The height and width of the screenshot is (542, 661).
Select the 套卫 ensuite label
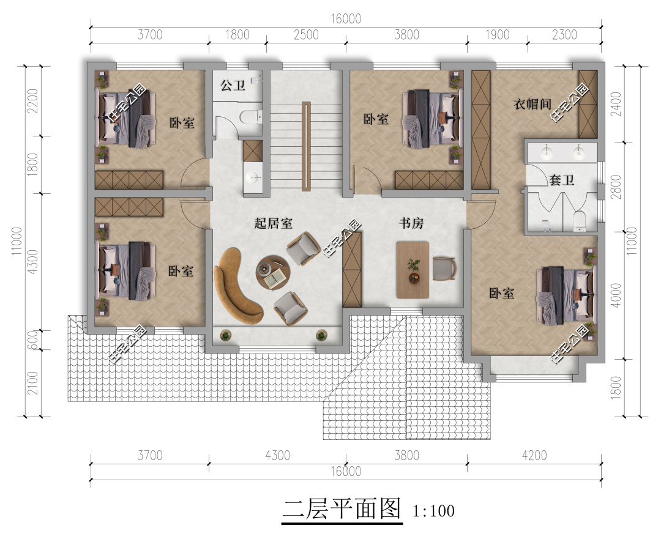(561, 180)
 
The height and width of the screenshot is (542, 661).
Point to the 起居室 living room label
(273, 223)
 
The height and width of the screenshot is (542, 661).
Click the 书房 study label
(411, 224)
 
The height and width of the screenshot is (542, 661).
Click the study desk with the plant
(413, 270)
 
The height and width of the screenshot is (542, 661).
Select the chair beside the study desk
(444, 269)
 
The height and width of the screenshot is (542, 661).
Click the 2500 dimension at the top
(306, 35)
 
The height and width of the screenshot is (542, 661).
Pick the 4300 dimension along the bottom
(277, 456)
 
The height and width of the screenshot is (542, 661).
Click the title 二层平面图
(342, 509)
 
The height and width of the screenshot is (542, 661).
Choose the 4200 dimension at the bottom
(534, 456)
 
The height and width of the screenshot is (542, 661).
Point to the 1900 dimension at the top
(497, 35)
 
